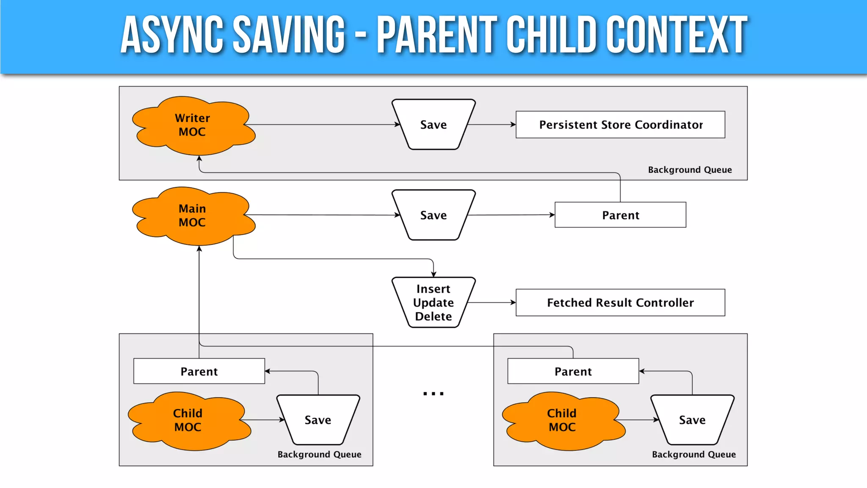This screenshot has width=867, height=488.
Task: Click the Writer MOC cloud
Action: (193, 125)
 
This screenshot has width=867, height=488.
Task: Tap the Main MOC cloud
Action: (193, 215)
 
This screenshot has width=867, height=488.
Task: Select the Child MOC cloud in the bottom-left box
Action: (188, 420)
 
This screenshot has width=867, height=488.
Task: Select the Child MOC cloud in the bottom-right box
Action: (562, 420)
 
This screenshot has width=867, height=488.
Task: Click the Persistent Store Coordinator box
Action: (620, 125)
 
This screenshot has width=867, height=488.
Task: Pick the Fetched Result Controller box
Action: (620, 302)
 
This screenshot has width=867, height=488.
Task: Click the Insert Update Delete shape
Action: (433, 302)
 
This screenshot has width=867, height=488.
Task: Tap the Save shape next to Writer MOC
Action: (433, 125)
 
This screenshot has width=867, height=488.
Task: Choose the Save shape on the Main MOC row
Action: (433, 215)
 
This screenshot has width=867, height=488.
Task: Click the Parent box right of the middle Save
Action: (620, 215)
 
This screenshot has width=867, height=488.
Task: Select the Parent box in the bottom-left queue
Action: (199, 372)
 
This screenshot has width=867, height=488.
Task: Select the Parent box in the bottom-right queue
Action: (573, 372)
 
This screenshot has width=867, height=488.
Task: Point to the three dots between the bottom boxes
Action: (433, 394)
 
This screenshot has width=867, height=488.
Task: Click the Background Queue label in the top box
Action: (690, 170)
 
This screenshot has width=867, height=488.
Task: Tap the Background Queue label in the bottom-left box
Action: (319, 455)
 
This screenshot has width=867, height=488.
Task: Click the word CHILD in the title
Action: (552, 35)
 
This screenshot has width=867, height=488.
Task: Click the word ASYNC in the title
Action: (171, 35)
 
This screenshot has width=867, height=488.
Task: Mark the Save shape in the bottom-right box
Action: (692, 420)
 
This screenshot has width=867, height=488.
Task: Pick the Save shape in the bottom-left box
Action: (318, 420)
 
